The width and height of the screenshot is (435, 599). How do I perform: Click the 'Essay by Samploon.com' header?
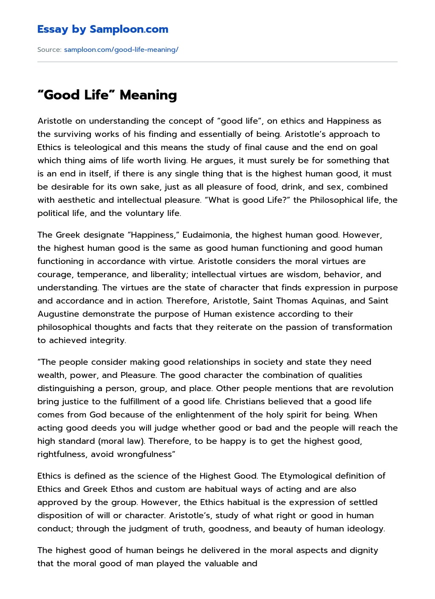click(x=102, y=29)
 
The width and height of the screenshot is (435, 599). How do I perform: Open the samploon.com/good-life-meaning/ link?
click(x=121, y=50)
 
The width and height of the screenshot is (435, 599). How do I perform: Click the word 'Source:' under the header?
click(x=49, y=50)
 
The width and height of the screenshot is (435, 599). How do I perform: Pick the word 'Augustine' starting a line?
click(x=58, y=314)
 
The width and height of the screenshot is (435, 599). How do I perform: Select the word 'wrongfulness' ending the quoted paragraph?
click(x=147, y=454)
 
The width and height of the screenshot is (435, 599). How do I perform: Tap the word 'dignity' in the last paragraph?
click(x=364, y=550)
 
